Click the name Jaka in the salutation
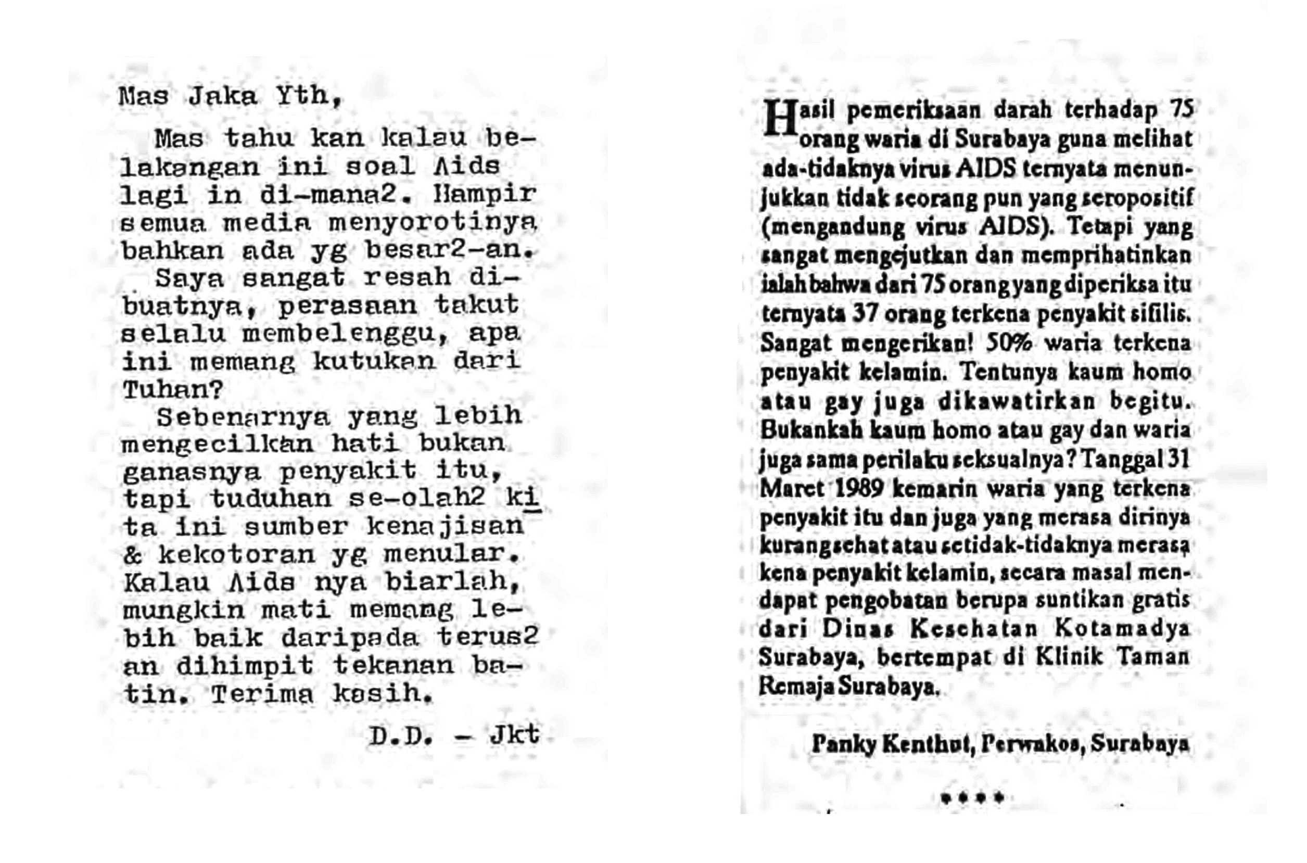pyautogui.click(x=223, y=97)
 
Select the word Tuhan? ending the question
pyautogui.click(x=173, y=390)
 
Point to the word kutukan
pyautogui.click(x=374, y=362)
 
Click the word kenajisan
pyautogui.click(x=445, y=526)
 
